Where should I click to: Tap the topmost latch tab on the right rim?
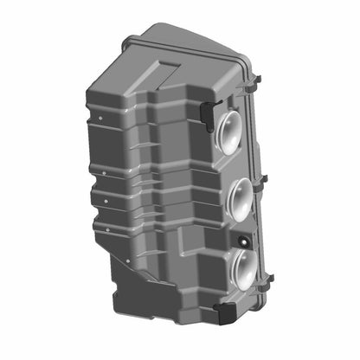click(257, 80)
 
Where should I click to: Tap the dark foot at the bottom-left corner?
click(121, 291)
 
